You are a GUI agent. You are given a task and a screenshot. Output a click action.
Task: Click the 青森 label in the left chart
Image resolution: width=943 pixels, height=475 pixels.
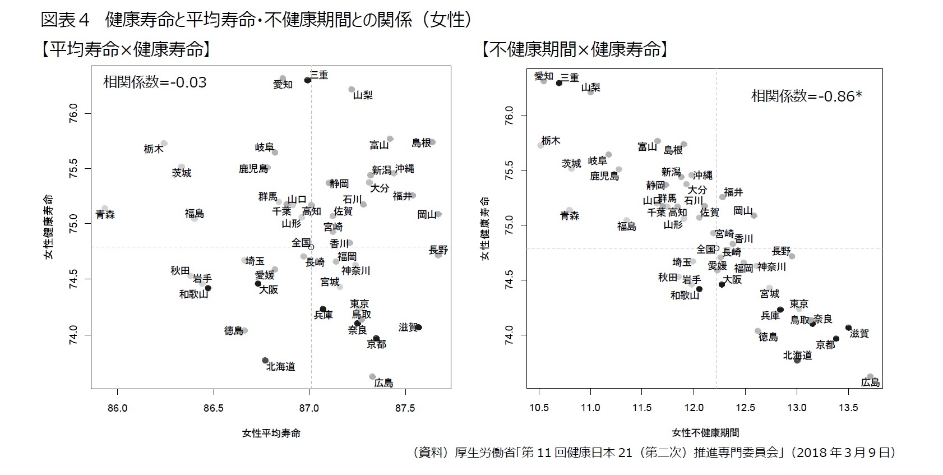pos(105,214)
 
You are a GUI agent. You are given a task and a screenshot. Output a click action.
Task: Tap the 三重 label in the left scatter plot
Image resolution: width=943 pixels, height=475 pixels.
pos(319,75)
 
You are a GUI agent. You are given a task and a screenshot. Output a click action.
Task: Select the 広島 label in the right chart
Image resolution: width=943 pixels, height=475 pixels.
pos(870,382)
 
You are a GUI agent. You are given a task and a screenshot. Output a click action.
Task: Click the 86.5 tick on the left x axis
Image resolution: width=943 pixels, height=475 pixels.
pos(213,408)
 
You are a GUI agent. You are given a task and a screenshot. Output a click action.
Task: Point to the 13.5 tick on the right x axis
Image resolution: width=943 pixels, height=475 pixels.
pos(848,408)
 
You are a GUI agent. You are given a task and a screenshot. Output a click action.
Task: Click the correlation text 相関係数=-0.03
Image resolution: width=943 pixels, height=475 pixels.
pos(155,82)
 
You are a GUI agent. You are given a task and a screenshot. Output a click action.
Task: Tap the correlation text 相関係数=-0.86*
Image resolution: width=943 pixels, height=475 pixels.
pos(806,96)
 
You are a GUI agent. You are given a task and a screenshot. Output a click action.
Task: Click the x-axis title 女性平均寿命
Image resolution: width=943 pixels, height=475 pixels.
pos(271,433)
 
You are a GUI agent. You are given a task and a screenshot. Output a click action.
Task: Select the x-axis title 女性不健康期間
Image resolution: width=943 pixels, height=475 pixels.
pos(705,433)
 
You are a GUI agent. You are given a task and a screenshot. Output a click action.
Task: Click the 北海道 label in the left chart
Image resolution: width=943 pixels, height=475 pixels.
pos(280,367)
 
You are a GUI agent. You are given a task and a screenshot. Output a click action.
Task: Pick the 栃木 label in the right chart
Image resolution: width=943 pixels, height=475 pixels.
pos(551,140)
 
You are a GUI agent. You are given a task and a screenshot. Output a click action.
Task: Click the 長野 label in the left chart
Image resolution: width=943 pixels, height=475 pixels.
pos(438,250)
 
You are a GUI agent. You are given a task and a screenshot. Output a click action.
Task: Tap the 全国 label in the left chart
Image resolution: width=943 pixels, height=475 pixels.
pos(301,242)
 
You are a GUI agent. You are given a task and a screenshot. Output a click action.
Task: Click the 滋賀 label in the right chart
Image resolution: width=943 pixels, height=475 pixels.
pos(859,333)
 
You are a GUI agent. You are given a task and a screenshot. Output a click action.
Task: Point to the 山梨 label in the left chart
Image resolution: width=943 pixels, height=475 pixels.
pos(363,95)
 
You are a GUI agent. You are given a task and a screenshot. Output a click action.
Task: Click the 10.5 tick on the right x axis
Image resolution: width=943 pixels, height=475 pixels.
pos(539,408)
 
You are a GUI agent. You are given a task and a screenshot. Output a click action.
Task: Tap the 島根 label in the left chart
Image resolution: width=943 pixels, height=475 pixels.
pos(421,142)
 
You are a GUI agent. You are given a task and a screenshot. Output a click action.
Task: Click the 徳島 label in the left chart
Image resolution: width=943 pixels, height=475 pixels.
pos(233,330)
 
